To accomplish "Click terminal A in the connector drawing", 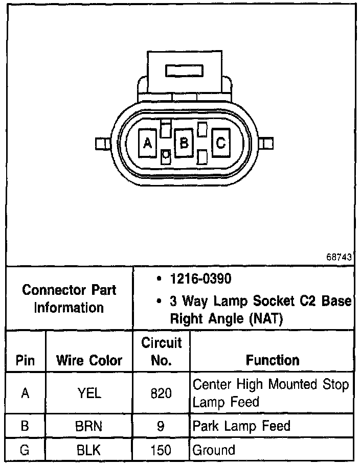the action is tap(148, 144).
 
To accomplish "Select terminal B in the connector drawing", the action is tap(183, 143).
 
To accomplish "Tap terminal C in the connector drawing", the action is tap(220, 143).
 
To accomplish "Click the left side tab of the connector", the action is tap(102, 144).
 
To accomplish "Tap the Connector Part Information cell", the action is tap(69, 298).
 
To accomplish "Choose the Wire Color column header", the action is tap(89, 360).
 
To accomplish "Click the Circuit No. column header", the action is tap(161, 352).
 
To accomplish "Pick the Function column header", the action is tap(272, 360).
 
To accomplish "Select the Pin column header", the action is tap(25, 360).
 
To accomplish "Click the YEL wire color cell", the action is tap(89, 393).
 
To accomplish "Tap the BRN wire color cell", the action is tap(89, 426).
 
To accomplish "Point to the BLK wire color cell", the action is tap(89, 450).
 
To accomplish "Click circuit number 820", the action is tap(161, 393).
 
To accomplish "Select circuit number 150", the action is tap(161, 450).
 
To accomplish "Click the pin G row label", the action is tap(25, 450).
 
